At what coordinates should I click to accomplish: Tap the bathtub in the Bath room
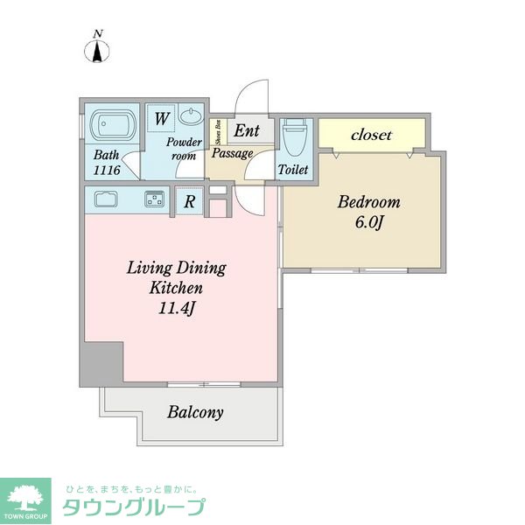click(113, 124)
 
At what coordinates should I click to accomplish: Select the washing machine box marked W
click(162, 118)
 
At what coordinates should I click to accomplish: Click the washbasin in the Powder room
click(191, 115)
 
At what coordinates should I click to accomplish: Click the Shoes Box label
click(219, 132)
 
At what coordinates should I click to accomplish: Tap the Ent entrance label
click(247, 130)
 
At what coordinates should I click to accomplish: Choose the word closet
click(371, 135)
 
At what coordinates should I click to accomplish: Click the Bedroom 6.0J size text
click(368, 222)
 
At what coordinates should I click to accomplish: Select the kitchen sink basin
click(106, 199)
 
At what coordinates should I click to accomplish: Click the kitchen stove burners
click(155, 199)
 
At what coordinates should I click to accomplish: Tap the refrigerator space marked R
click(190, 201)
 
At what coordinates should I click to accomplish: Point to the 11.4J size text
click(176, 308)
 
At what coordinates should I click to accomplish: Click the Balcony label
click(195, 412)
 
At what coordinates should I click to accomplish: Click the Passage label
click(233, 153)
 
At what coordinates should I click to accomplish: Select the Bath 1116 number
click(107, 170)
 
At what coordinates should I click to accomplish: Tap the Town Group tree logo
click(25, 500)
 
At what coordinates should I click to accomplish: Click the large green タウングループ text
click(134, 507)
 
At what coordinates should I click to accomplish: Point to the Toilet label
click(293, 170)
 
